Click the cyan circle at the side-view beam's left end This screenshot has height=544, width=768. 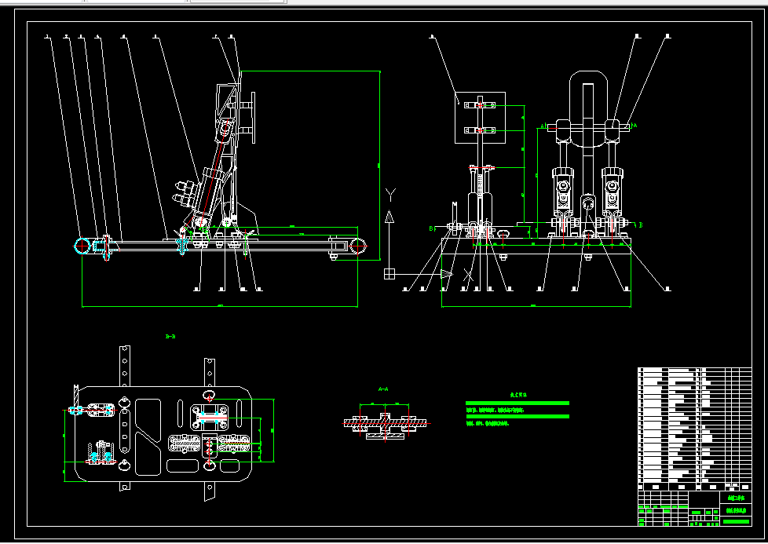point(82,246)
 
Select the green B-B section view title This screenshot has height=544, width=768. point(170,337)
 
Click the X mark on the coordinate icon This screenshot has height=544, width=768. point(469,275)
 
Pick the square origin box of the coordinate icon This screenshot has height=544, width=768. point(389,273)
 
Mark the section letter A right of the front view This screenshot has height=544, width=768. point(635,125)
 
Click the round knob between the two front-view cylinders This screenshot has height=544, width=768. point(587,203)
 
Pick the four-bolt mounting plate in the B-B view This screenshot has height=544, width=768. point(209,414)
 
